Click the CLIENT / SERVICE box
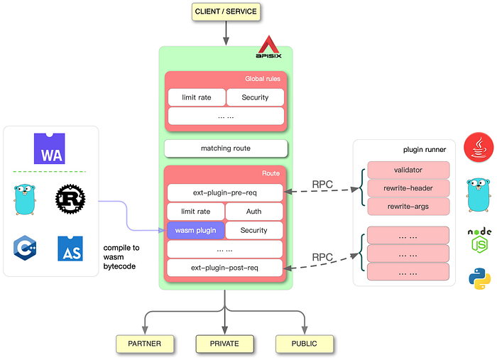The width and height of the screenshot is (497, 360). (226, 12)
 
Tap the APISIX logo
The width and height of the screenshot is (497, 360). (268, 47)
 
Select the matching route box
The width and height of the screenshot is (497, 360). (226, 148)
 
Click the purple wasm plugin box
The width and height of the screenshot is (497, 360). (195, 230)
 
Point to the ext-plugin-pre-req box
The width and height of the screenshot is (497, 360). (225, 192)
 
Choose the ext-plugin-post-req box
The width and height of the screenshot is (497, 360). (224, 268)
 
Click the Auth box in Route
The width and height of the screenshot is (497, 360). (254, 212)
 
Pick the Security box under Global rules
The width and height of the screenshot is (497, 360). (255, 97)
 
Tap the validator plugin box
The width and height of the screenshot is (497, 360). (408, 170)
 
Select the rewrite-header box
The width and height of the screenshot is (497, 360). (408, 188)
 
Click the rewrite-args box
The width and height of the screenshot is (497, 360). (408, 207)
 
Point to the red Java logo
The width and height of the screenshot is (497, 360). (479, 148)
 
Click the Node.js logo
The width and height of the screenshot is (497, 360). (479, 241)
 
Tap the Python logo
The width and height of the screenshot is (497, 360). (479, 279)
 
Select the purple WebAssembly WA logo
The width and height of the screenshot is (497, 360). (50, 148)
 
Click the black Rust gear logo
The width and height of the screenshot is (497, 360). (70, 199)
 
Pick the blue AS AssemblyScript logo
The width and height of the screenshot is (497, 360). (70, 249)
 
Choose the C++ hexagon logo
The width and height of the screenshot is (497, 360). (25, 248)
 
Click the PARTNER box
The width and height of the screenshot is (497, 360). (145, 344)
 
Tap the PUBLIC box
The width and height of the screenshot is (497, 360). (305, 344)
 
